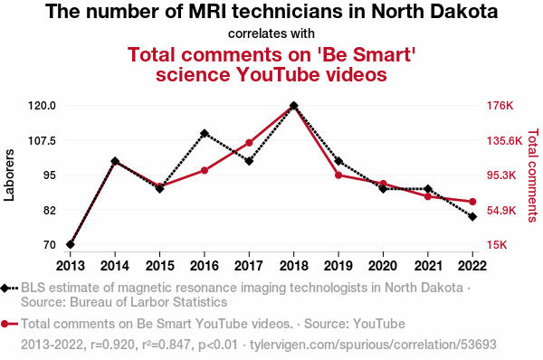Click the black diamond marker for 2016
(205, 133)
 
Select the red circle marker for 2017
(249, 143)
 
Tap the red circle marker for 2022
(472, 202)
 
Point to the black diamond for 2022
(472, 217)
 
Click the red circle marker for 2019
(338, 175)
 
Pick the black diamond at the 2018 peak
(293, 106)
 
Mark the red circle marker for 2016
(205, 170)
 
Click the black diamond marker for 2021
(428, 189)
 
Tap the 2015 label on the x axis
(159, 266)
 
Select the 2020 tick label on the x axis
(383, 266)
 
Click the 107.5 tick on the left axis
(42, 141)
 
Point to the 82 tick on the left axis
(50, 211)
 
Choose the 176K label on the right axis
(500, 106)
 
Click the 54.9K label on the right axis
(501, 211)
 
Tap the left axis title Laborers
(9, 175)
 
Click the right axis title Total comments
(533, 175)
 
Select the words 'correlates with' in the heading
(271, 33)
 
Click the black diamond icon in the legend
(5, 288)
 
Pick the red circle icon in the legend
(5, 324)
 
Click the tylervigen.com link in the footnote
(373, 345)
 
